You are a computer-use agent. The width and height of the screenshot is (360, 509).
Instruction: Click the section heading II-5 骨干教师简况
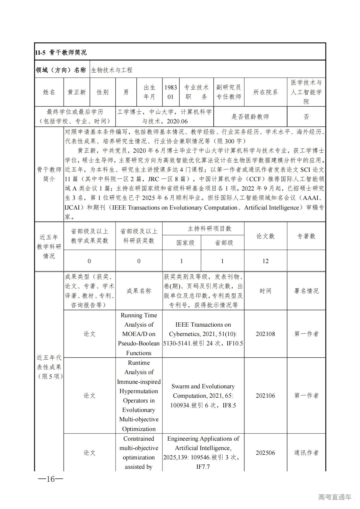(x=61, y=53)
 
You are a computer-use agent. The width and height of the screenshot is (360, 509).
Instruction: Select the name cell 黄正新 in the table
(x=77, y=92)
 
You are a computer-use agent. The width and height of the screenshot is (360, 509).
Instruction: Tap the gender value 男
(x=126, y=92)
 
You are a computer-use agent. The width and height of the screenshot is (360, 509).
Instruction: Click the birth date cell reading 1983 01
(x=171, y=92)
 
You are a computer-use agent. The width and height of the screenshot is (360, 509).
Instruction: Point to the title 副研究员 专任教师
(x=229, y=92)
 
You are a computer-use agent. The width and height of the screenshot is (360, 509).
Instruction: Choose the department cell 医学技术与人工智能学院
(x=306, y=92)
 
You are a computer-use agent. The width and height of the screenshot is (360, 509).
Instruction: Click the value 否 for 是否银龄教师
(x=306, y=117)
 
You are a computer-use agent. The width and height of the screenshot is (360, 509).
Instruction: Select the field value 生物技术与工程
(x=112, y=70)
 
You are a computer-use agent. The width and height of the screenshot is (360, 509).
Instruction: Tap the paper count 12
(x=265, y=261)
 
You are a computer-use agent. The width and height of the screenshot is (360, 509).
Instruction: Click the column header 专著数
(x=306, y=236)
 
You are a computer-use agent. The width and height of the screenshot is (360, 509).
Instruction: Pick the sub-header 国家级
(x=185, y=243)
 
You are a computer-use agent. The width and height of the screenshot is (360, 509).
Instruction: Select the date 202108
(x=265, y=334)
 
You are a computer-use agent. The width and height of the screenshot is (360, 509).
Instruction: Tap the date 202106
(x=265, y=396)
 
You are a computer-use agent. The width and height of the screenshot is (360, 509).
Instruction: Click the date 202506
(x=265, y=453)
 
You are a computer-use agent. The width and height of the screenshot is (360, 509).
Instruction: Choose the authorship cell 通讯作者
(x=306, y=453)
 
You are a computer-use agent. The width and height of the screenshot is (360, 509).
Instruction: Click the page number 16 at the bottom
(x=51, y=479)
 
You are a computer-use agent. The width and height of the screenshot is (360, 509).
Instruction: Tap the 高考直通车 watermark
(x=335, y=497)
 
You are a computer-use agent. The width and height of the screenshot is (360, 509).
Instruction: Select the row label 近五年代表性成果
(x=49, y=367)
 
